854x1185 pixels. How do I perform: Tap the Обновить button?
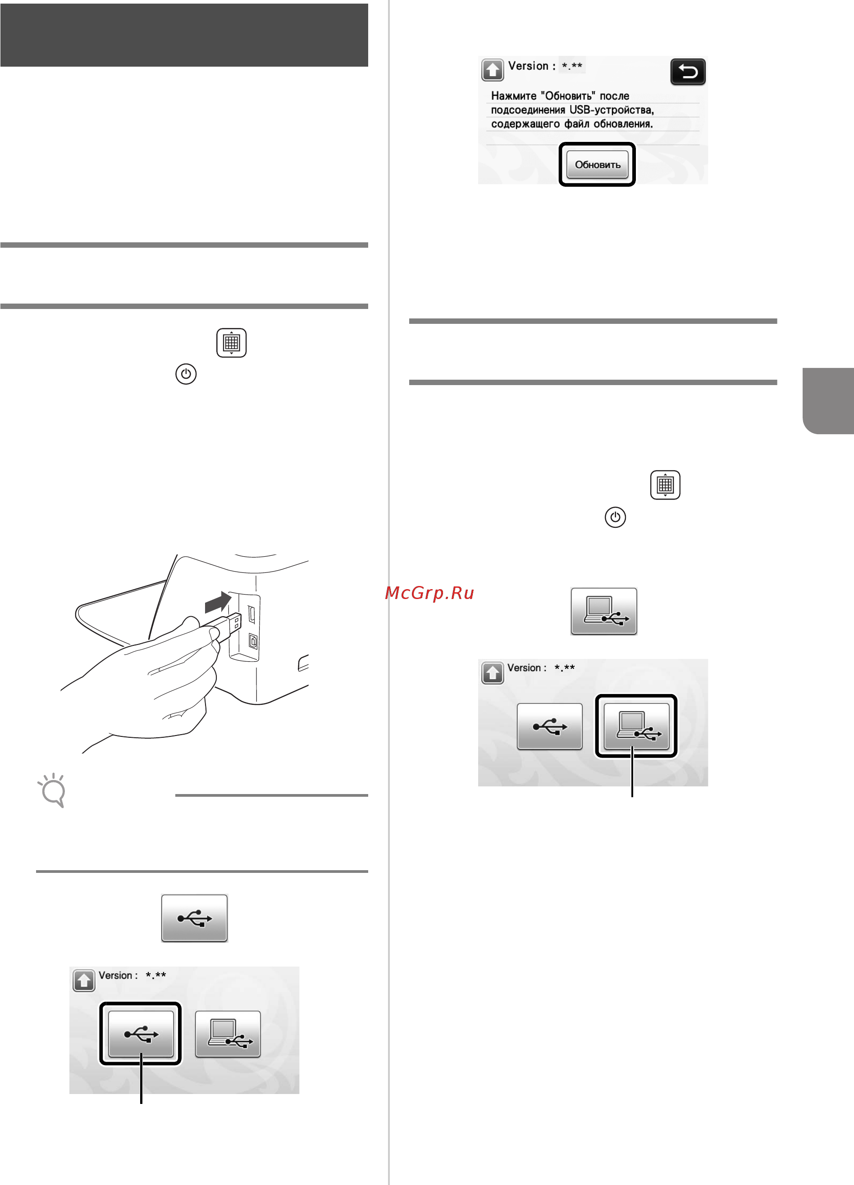coord(598,164)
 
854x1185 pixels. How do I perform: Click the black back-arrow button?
coord(688,72)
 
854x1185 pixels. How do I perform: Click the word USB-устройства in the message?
coord(612,110)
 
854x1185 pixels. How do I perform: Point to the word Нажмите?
coord(514,96)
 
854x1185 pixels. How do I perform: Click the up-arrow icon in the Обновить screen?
coord(492,70)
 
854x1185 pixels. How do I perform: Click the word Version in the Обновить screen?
coord(528,66)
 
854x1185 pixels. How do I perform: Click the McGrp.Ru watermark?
coord(429,593)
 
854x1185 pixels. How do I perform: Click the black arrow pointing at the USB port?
coord(218,602)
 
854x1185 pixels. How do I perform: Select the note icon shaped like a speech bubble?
coord(52,790)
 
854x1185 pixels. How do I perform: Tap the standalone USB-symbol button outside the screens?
coord(194,918)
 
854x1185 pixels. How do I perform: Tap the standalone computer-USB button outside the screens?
coord(603,611)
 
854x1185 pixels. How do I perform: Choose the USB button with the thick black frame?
coord(141,1034)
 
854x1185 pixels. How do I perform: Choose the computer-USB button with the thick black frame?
coord(636,726)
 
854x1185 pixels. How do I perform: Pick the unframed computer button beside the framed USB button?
coord(228,1034)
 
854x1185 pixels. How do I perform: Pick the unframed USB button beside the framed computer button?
coord(550,726)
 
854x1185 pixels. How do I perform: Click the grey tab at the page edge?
coord(828,401)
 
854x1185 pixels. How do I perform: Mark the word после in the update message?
coord(615,96)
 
